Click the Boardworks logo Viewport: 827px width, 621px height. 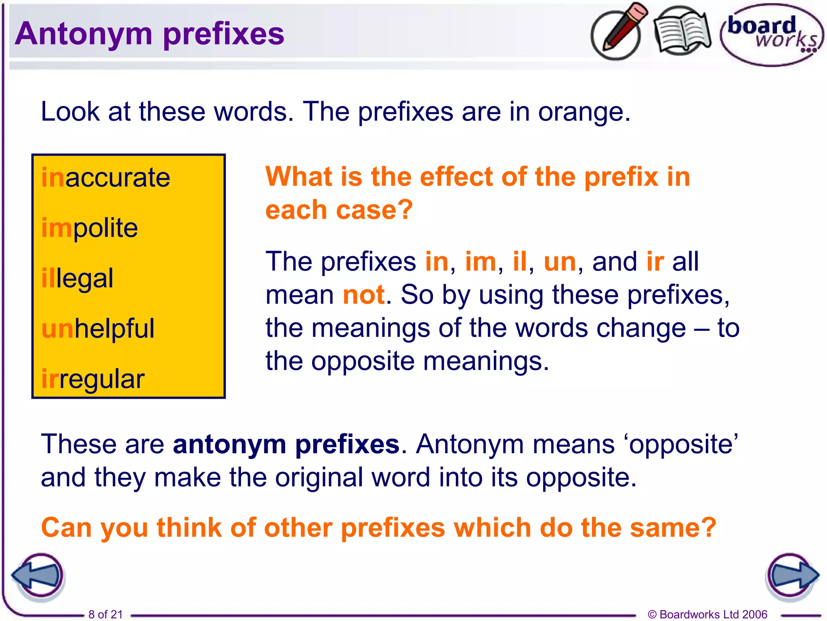(771, 35)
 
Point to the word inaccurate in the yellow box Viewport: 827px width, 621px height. (106, 178)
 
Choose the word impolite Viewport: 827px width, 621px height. (90, 228)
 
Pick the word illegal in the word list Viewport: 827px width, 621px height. (78, 279)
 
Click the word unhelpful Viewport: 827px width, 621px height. (98, 329)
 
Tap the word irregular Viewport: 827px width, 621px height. (93, 379)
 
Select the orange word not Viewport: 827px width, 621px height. (363, 295)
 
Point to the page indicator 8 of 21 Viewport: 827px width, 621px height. (105, 614)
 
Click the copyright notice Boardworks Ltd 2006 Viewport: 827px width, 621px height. (707, 614)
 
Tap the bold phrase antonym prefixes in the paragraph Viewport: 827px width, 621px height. (286, 445)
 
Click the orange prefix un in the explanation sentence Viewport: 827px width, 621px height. (560, 262)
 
